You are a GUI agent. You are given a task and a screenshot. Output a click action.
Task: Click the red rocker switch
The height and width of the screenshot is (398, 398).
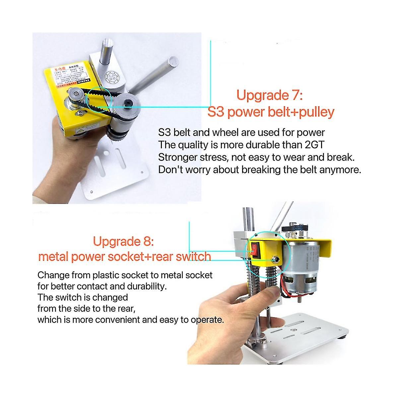coord(254,250)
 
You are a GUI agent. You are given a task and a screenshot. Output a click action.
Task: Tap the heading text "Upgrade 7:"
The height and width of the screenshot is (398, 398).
coord(269,96)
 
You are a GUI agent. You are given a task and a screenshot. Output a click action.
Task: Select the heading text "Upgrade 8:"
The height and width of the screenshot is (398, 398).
coord(123,241)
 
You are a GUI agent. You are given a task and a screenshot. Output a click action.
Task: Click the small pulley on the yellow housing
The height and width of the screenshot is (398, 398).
coord(75,96)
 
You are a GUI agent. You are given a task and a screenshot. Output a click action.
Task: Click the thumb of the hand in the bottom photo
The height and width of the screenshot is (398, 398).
coord(272,293)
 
